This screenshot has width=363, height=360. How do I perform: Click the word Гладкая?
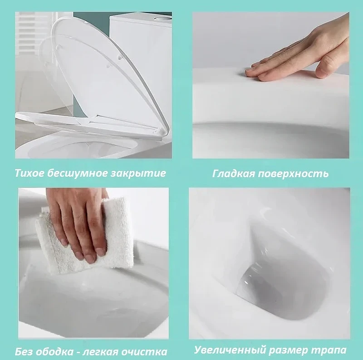[x=233, y=173]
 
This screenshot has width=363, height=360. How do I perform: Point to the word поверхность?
[x=293, y=173]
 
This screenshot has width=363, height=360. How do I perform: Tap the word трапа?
[x=328, y=350]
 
